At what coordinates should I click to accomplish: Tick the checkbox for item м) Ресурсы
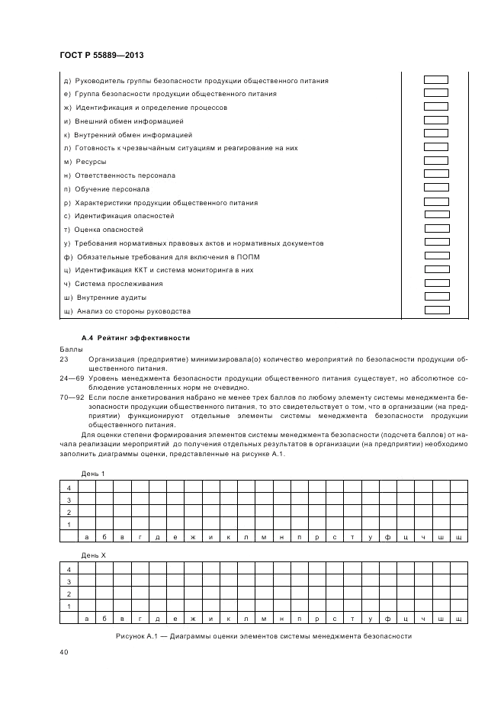tap(436, 161)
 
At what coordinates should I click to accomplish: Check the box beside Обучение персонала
tap(436, 188)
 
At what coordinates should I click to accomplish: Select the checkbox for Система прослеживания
tap(436, 283)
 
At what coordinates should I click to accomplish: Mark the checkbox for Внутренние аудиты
tap(436, 297)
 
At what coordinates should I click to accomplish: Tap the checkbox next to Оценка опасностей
tap(436, 229)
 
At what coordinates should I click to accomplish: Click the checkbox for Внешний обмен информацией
tap(436, 121)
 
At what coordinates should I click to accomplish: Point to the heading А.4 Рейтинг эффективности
tap(135, 338)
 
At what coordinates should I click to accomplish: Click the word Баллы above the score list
tap(69, 348)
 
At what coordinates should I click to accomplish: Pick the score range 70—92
tap(70, 397)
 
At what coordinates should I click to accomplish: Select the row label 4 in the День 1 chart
tap(69, 488)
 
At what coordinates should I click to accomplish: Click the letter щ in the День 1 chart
tap(458, 537)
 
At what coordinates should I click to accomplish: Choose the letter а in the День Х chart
tap(87, 618)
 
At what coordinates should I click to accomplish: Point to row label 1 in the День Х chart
tap(69, 606)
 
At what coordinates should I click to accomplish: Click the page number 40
tap(64, 652)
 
